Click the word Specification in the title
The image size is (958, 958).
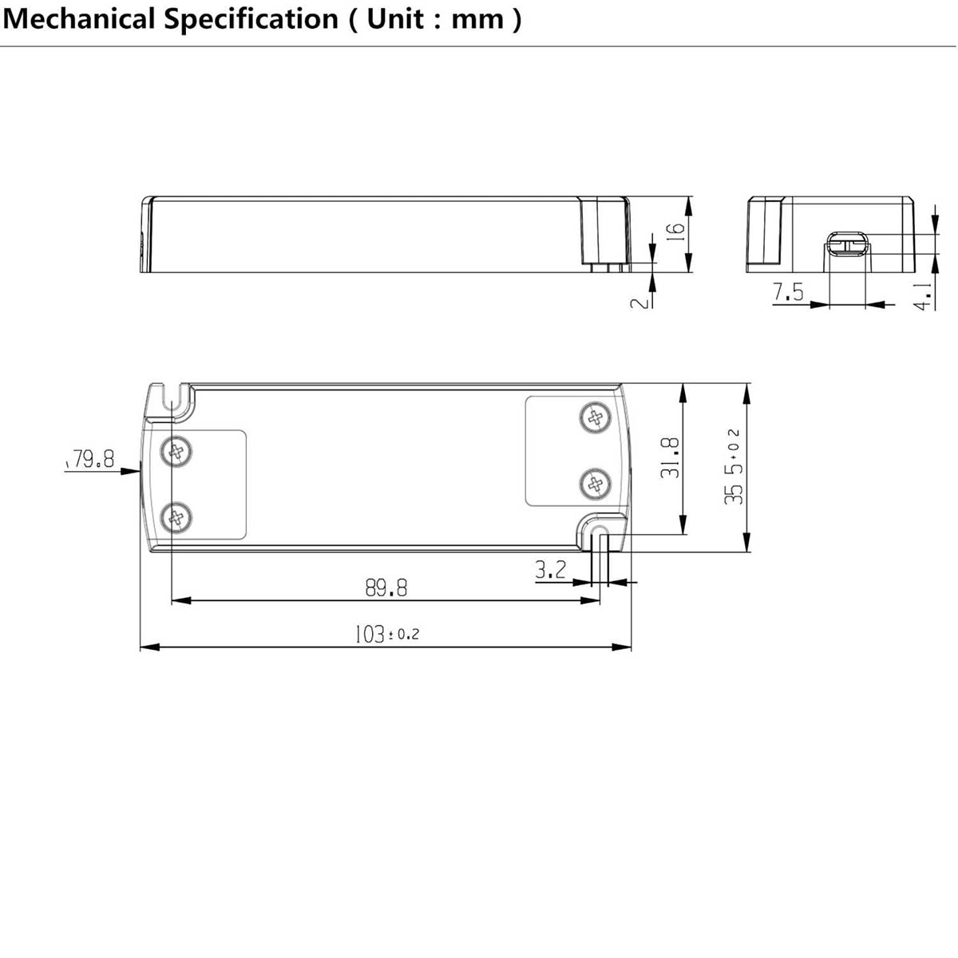coord(251,20)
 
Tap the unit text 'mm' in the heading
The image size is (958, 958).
coord(477,21)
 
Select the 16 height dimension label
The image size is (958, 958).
coord(675,232)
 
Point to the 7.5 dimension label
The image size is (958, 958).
coord(788,292)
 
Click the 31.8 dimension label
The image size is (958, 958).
coord(669,457)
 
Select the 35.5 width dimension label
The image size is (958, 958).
coord(733,467)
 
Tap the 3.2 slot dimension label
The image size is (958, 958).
coord(550,570)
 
